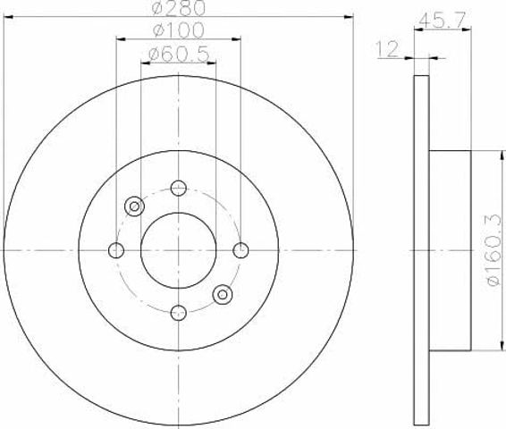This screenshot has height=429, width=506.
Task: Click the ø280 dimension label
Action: pos(179,8)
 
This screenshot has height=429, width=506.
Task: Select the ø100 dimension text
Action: pos(179,30)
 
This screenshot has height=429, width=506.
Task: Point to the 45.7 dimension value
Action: pos(443,21)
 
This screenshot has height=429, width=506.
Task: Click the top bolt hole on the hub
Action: pos(179,188)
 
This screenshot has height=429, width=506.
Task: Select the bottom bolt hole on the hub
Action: pos(179,313)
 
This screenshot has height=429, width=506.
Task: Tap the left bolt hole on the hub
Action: pos(116,250)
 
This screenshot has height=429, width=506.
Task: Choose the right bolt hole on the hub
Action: pos(240,250)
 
